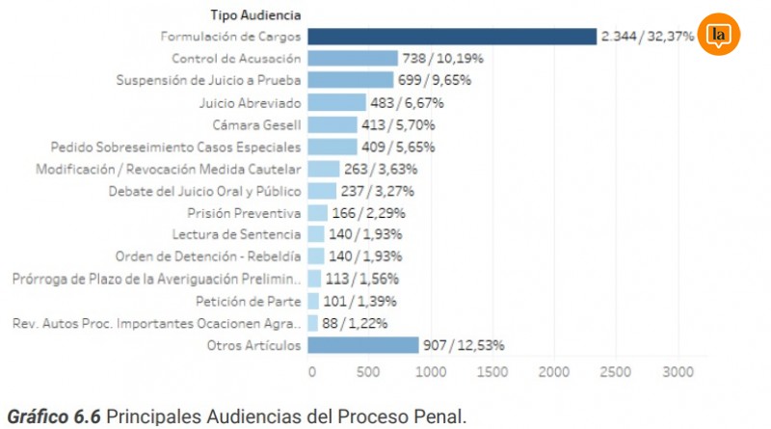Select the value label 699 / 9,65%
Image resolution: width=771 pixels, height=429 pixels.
[433, 81]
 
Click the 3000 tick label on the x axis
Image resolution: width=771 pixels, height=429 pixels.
[677, 370]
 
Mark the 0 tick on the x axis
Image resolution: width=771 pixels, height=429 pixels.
[311, 370]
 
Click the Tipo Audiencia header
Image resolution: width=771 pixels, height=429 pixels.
[256, 14]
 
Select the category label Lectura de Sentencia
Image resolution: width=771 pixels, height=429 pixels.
[236, 234]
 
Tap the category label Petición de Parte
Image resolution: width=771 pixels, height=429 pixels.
[250, 301]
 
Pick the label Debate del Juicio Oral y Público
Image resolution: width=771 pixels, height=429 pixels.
[218, 190]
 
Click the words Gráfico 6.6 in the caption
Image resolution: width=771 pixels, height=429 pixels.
[53, 416]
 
